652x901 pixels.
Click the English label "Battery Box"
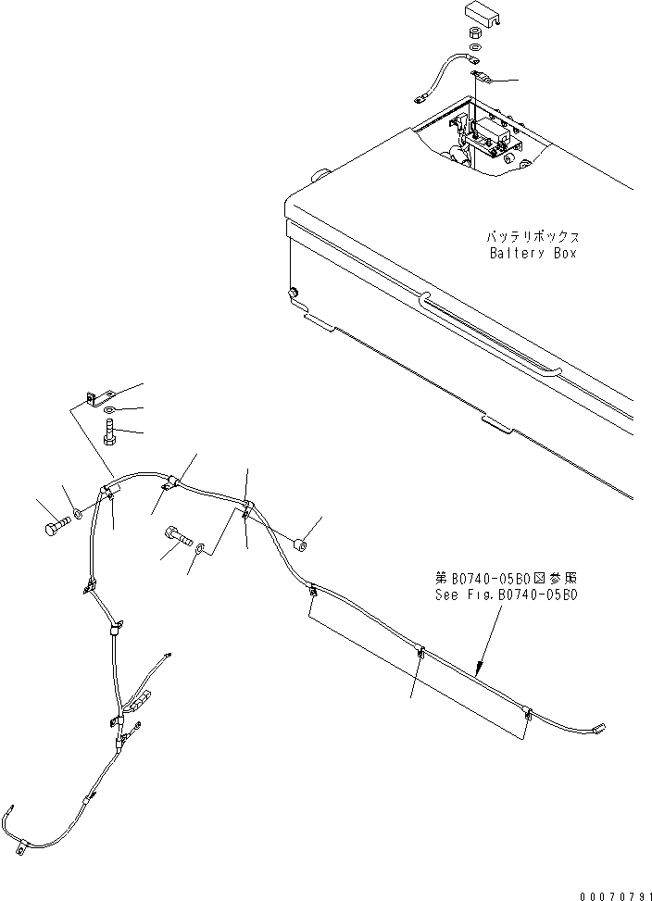pos(532,253)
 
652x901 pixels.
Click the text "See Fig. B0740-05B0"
pos(506,596)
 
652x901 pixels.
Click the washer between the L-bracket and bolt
pos(109,410)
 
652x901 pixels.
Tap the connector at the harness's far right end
pos(598,730)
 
